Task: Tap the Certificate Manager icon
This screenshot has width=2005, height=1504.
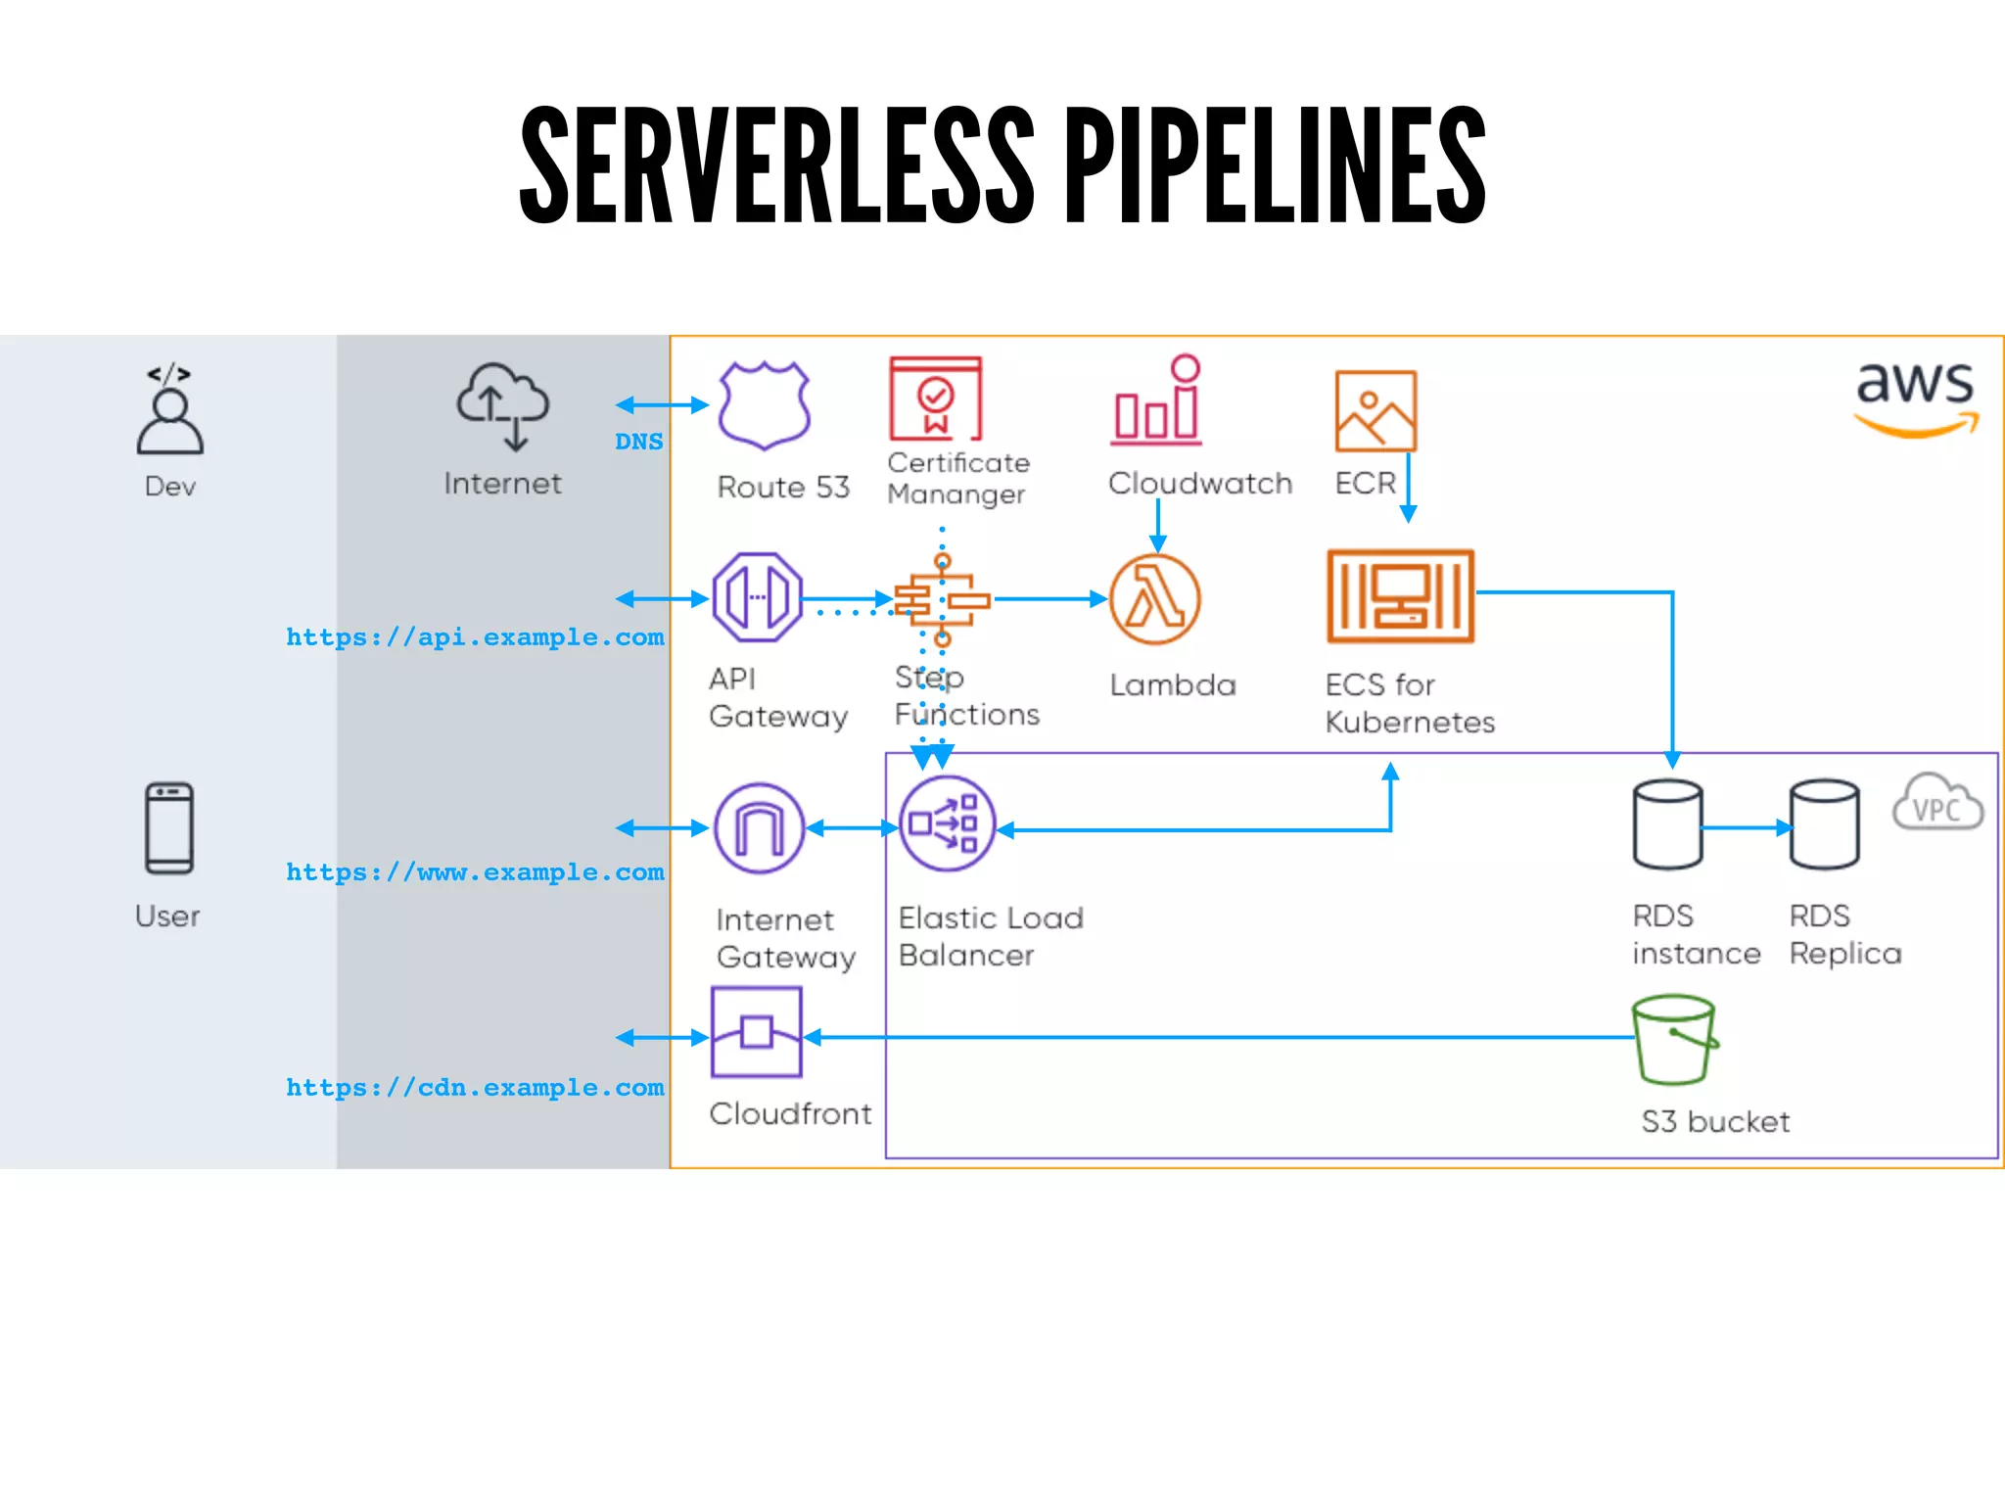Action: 935,399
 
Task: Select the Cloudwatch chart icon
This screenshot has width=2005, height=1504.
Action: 1157,401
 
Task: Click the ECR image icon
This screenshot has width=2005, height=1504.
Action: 1376,410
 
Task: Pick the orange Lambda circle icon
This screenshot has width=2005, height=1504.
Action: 1155,599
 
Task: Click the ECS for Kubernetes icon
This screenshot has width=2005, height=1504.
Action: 1400,595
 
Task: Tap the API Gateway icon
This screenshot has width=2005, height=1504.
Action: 757,597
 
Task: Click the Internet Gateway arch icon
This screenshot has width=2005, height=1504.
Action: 760,828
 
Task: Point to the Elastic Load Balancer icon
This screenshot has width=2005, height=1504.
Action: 947,823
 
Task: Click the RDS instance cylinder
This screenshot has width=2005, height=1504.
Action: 1667,824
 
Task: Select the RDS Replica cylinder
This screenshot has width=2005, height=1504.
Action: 1824,824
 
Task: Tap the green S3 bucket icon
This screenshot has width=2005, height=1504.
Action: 1675,1040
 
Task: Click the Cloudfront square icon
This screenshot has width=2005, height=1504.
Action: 757,1032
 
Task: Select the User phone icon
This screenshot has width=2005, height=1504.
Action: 169,828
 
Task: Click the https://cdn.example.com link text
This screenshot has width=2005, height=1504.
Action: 475,1088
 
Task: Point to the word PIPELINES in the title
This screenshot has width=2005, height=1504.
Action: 1275,166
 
